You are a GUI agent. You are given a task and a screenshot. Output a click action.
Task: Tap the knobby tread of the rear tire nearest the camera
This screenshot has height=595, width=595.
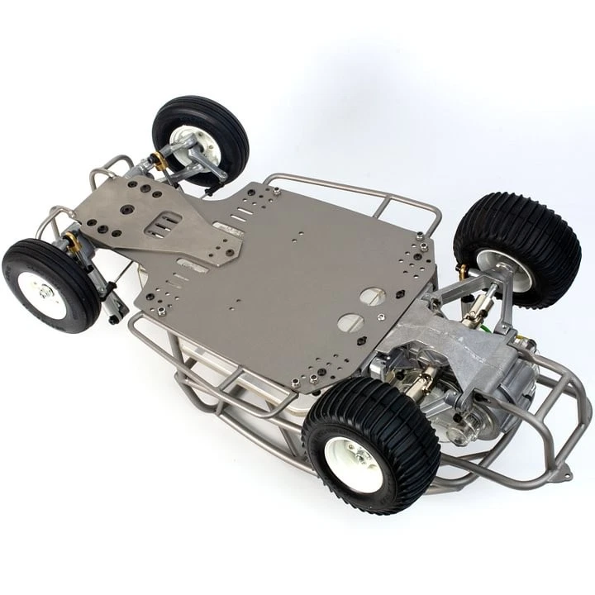click(405, 421)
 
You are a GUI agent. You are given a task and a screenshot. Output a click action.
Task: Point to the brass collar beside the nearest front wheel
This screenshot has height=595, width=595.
click(74, 242)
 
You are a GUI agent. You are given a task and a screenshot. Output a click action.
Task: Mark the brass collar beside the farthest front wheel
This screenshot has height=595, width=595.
click(158, 162)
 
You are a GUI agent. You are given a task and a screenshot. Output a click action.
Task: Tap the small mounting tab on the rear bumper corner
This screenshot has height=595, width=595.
click(566, 474)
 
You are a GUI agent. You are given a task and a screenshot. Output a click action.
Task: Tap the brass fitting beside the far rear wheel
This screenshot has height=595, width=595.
click(462, 270)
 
